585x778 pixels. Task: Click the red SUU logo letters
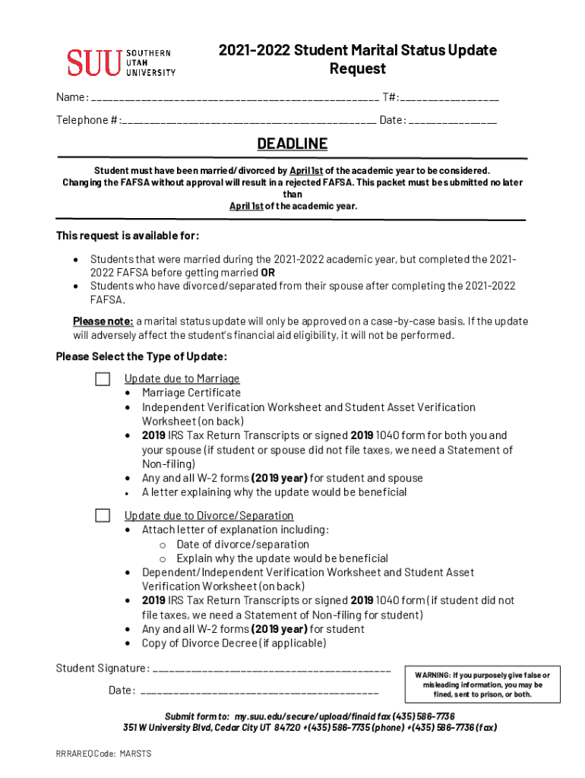coord(93,62)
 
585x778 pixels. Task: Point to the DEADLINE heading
coord(292,144)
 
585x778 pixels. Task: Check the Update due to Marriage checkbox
coord(103,378)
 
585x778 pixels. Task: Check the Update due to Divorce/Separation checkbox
coord(103,516)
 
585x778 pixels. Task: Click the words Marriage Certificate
coord(191,393)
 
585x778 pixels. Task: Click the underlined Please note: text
coord(103,321)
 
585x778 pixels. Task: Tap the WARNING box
coord(482,685)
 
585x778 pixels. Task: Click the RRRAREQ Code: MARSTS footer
coord(103,754)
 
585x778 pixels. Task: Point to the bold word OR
coord(267,274)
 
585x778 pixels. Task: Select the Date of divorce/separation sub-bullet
coord(242,544)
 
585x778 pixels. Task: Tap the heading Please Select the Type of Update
coord(141,357)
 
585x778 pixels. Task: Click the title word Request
coord(357,69)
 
